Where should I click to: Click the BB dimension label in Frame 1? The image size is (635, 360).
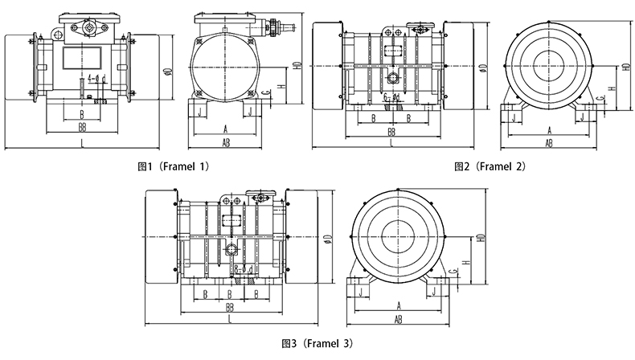tap(81, 127)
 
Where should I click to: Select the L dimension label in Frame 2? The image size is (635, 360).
tap(391, 142)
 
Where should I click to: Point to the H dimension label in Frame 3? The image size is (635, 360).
tap(466, 262)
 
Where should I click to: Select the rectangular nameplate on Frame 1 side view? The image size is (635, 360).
tap(81, 59)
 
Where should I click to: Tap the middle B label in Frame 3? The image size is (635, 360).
tap(231, 293)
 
